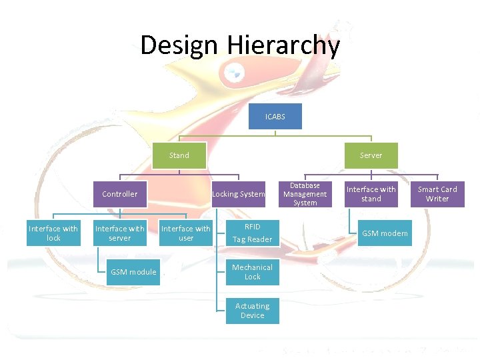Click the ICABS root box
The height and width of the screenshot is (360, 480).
pyautogui.click(x=275, y=117)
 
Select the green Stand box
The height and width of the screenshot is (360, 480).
pyautogui.click(x=179, y=155)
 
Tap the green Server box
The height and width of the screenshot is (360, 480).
pyautogui.click(x=371, y=155)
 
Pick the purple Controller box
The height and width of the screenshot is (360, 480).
pyautogui.click(x=120, y=194)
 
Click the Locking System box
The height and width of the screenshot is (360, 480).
pyautogui.click(x=239, y=194)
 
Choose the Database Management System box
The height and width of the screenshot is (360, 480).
pyautogui.click(x=305, y=194)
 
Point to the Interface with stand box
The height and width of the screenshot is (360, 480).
pyautogui.click(x=371, y=194)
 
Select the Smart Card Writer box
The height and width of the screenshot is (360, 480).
pyautogui.click(x=437, y=194)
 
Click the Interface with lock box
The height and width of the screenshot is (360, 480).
pyautogui.click(x=53, y=233)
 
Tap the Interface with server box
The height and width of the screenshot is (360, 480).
pyautogui.click(x=120, y=233)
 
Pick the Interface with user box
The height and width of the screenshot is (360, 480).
pyautogui.click(x=186, y=233)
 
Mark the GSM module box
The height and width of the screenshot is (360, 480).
pyautogui.click(x=133, y=272)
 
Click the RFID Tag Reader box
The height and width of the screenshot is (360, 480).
pyautogui.click(x=252, y=233)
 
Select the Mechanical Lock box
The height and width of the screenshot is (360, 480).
pyautogui.click(x=252, y=272)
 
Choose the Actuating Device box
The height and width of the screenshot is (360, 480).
pyautogui.click(x=252, y=311)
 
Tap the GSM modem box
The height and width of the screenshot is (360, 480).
pyautogui.click(x=385, y=233)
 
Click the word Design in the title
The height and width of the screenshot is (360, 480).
pyautogui.click(x=179, y=45)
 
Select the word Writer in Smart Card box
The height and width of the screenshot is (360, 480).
pyautogui.click(x=437, y=199)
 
